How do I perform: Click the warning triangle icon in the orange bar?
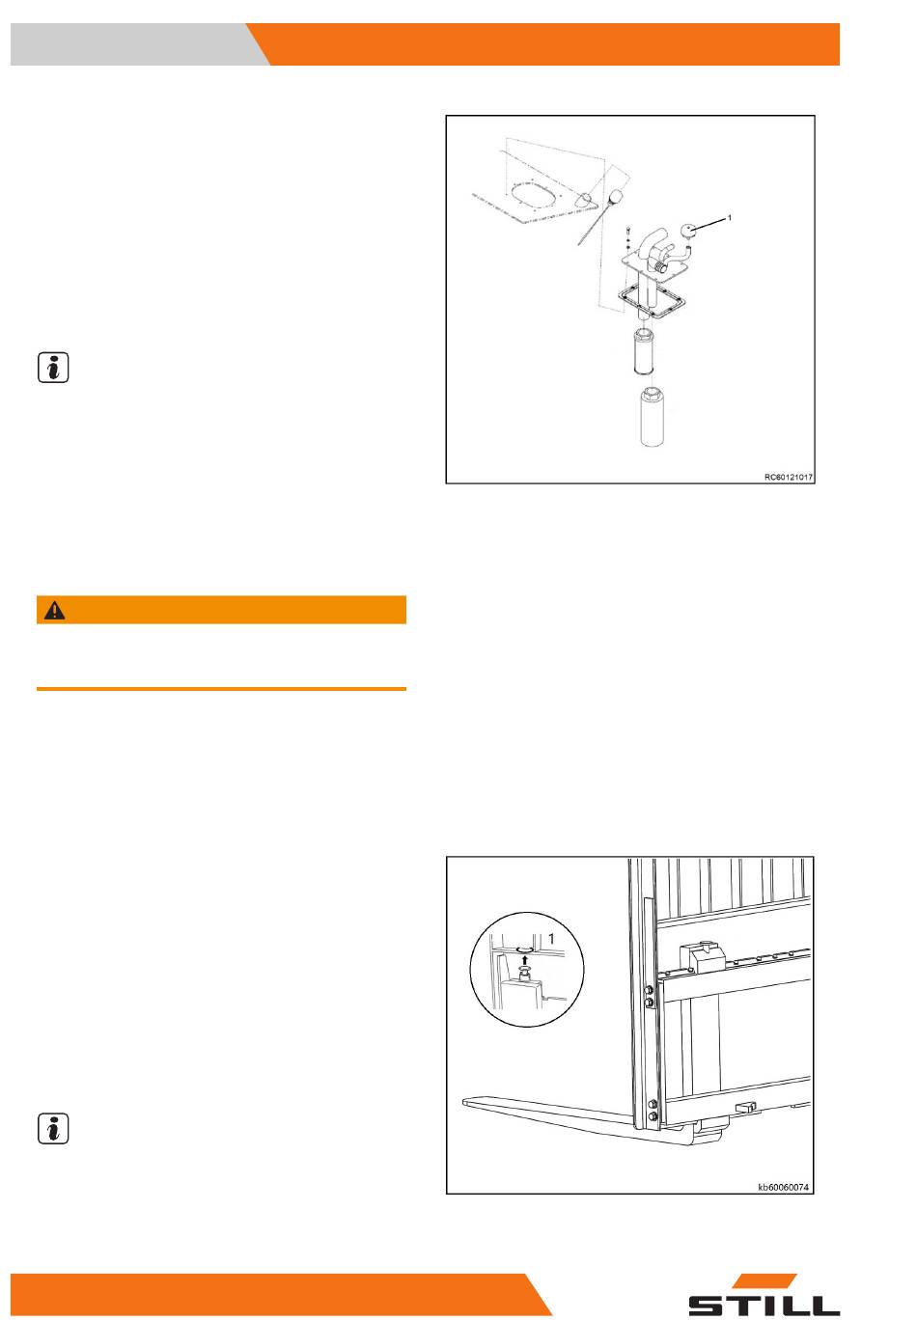54,610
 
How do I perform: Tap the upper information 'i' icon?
53,368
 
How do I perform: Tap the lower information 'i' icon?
53,1129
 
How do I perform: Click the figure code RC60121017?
788,477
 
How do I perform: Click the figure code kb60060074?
783,1187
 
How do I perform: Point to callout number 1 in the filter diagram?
730,218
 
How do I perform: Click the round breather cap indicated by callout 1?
689,231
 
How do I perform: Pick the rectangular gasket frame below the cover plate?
652,299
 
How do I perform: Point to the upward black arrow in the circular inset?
526,958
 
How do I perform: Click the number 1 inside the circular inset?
551,938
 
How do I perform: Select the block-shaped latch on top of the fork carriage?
702,957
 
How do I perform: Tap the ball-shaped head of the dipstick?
617,196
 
